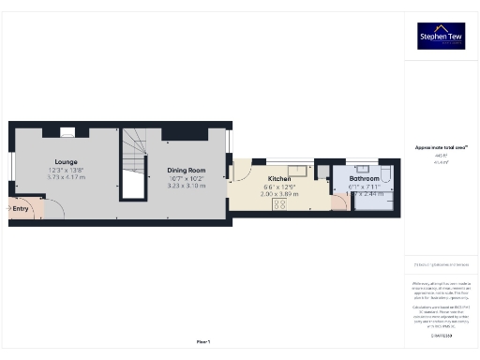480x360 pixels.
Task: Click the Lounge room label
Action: [x=66, y=161]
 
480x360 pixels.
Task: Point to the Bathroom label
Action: [x=365, y=178]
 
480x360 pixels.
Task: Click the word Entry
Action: [x=20, y=208]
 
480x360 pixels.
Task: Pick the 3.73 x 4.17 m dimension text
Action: [x=66, y=176]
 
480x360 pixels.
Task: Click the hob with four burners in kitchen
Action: [x=279, y=208]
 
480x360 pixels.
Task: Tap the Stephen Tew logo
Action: [x=441, y=36]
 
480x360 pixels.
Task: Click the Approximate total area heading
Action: [x=441, y=147]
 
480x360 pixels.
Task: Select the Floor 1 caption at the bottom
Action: [x=202, y=340]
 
